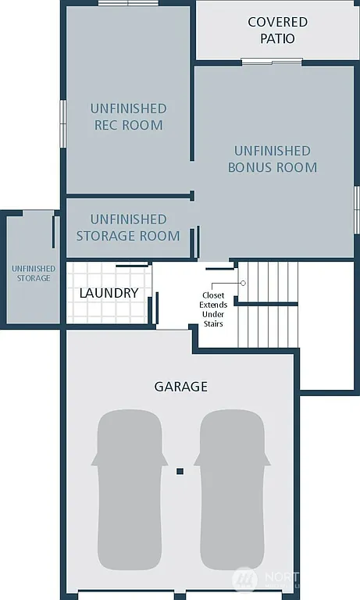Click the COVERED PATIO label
[x=277, y=30]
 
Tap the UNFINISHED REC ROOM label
[x=128, y=116]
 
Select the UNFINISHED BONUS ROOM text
[x=272, y=159]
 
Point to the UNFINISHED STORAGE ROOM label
[x=128, y=227]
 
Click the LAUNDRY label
[x=109, y=293]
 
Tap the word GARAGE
[x=180, y=387]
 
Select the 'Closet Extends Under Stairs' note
[x=213, y=309]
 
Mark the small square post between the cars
[x=180, y=471]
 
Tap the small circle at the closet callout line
[x=243, y=283]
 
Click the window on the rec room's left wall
[x=63, y=123]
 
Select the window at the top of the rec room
[x=123, y=4]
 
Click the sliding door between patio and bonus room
[x=271, y=62]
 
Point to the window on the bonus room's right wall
[x=356, y=209]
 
